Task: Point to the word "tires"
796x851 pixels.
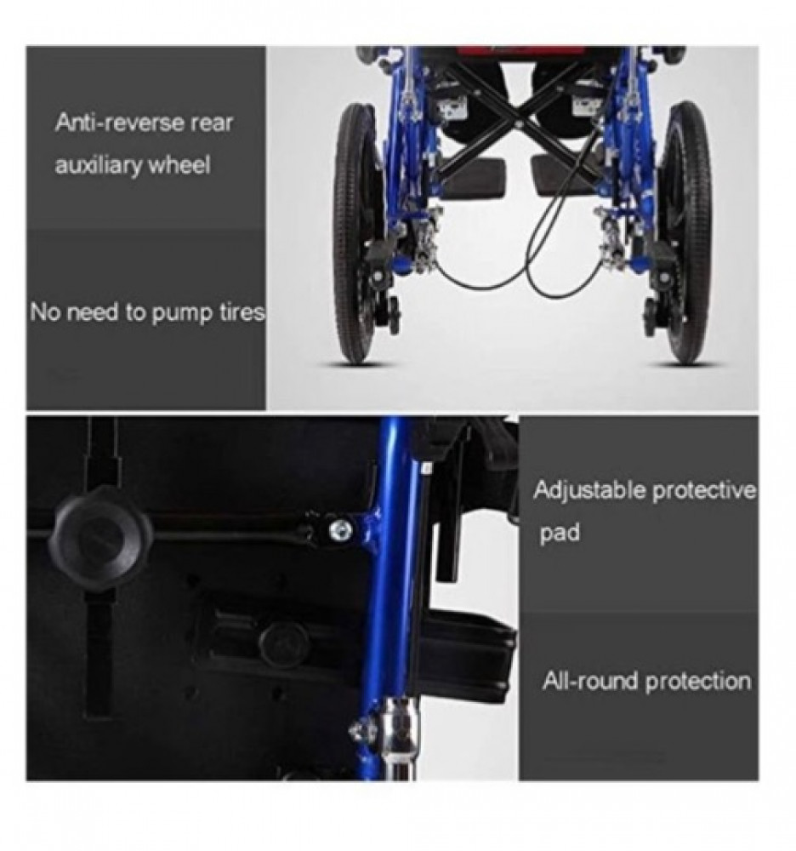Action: coord(242,312)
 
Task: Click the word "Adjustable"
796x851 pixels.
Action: coord(589,491)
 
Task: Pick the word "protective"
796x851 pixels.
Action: coord(704,491)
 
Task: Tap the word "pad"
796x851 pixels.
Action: coord(560,533)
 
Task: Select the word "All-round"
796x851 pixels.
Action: coord(590,681)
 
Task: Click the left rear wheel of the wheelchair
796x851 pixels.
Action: coord(357,233)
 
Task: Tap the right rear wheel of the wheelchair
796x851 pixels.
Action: coord(686,233)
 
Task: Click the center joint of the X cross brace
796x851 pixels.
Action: coord(519,124)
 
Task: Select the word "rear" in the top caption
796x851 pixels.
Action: coord(212,123)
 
